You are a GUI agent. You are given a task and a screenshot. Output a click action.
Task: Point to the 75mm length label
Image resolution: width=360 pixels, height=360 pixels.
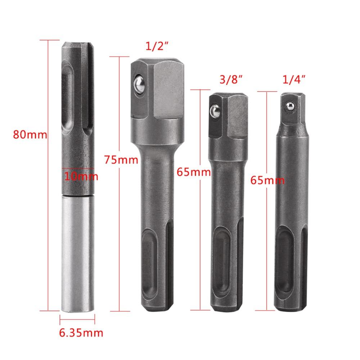[121, 158]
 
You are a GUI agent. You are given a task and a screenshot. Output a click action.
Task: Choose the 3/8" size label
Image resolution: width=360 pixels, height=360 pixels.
[230, 78]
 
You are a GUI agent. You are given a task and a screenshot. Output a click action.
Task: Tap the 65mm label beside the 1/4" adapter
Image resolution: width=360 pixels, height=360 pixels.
[267, 180]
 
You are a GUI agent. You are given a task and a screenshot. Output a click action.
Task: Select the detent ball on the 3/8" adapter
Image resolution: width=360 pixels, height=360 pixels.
[215, 111]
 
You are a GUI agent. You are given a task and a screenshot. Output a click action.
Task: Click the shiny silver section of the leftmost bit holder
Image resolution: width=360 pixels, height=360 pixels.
[77, 252]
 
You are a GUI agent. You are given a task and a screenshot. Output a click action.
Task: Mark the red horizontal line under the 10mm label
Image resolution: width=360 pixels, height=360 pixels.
[78, 168]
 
